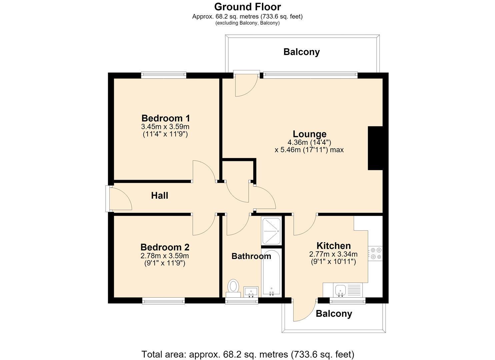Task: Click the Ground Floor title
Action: click(x=247, y=7)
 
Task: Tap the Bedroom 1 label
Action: click(x=166, y=118)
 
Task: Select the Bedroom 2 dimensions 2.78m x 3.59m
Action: click(x=165, y=256)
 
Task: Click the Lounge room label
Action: click(x=309, y=134)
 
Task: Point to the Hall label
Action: click(x=160, y=196)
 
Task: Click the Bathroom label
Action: click(x=251, y=256)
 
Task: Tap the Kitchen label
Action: click(x=334, y=246)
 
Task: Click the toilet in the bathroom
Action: click(x=233, y=288)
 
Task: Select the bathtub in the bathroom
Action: click(x=271, y=273)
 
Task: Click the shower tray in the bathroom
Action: click(x=271, y=231)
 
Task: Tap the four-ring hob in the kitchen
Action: click(x=375, y=253)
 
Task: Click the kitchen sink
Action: click(x=348, y=290)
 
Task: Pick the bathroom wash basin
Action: click(x=251, y=292)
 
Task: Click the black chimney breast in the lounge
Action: click(x=375, y=148)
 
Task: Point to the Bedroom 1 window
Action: click(x=164, y=75)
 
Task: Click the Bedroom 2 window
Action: click(x=164, y=301)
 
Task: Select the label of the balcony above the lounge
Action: click(x=302, y=52)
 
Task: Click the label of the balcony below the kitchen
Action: click(x=334, y=314)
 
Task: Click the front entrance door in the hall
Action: click(x=119, y=199)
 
